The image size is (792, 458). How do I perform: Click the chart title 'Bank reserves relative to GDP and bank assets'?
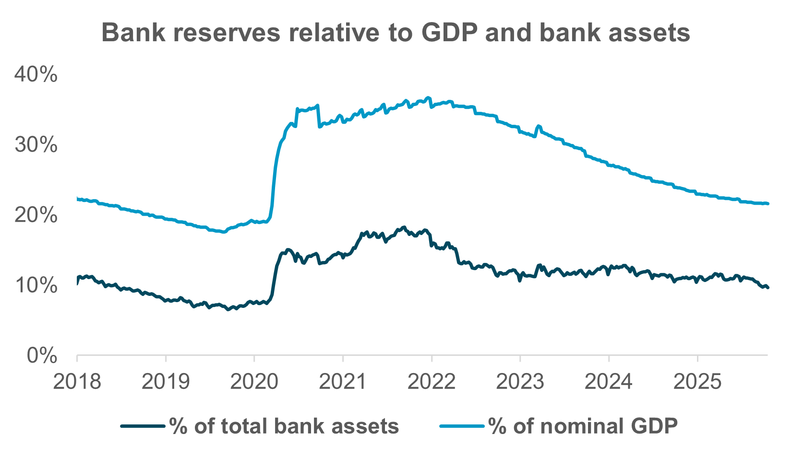click(396, 34)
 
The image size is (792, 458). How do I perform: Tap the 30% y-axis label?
click(36, 145)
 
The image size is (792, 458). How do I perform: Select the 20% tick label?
click(36, 215)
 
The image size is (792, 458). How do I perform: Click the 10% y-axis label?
click(36, 285)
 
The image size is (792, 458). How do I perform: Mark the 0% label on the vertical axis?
click(42, 356)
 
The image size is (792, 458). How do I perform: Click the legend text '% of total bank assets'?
click(284, 426)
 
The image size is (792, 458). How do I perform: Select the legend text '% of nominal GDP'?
click(583, 426)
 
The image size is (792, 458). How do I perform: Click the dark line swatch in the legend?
click(144, 426)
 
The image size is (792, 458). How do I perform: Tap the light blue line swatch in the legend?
click(463, 426)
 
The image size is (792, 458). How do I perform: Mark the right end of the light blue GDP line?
click(768, 204)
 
